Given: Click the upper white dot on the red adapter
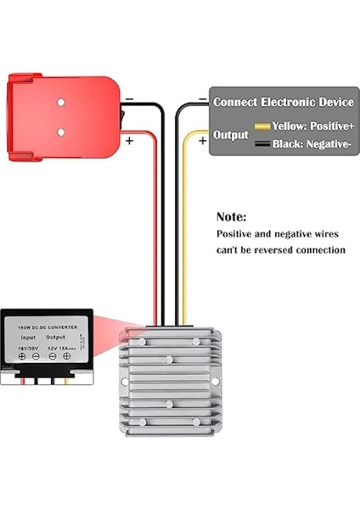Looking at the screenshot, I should [61, 103].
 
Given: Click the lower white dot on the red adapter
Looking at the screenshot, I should [61, 132].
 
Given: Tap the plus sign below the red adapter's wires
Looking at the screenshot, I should [129, 141].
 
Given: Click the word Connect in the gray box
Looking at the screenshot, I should [237, 102].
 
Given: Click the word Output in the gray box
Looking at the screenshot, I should [230, 134].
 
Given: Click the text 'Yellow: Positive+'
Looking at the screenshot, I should [312, 126].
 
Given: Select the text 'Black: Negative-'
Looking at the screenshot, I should [312, 145].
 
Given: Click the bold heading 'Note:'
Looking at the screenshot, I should [231, 217].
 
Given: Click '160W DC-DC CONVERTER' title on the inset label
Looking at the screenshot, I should [48, 326].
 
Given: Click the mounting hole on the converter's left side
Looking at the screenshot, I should [125, 382].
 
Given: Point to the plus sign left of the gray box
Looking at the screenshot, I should [202, 141].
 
